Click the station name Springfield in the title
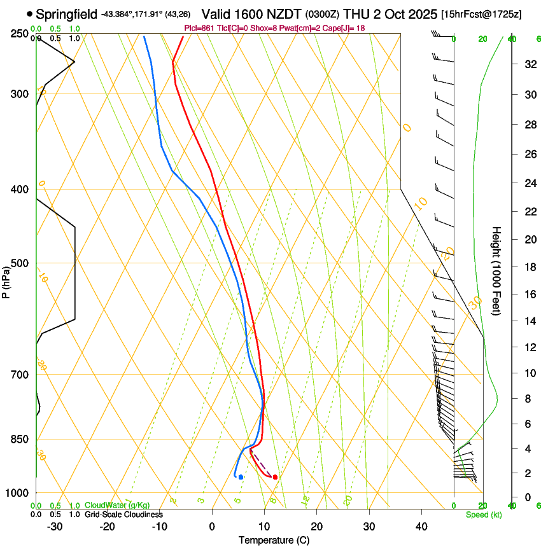pyautogui.click(x=67, y=14)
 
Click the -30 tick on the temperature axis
pyautogui.click(x=55, y=527)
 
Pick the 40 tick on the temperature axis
pyautogui.click(x=421, y=527)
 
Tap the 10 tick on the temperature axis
pyautogui.click(x=264, y=527)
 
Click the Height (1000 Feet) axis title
pyautogui.click(x=497, y=271)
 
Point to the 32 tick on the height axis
pyautogui.click(x=528, y=64)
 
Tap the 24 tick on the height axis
pyautogui.click(x=528, y=183)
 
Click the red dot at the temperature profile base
pyautogui.click(x=275, y=476)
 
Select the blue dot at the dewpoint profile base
pyautogui.click(x=241, y=476)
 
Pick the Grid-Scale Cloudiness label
pyautogui.click(x=123, y=514)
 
